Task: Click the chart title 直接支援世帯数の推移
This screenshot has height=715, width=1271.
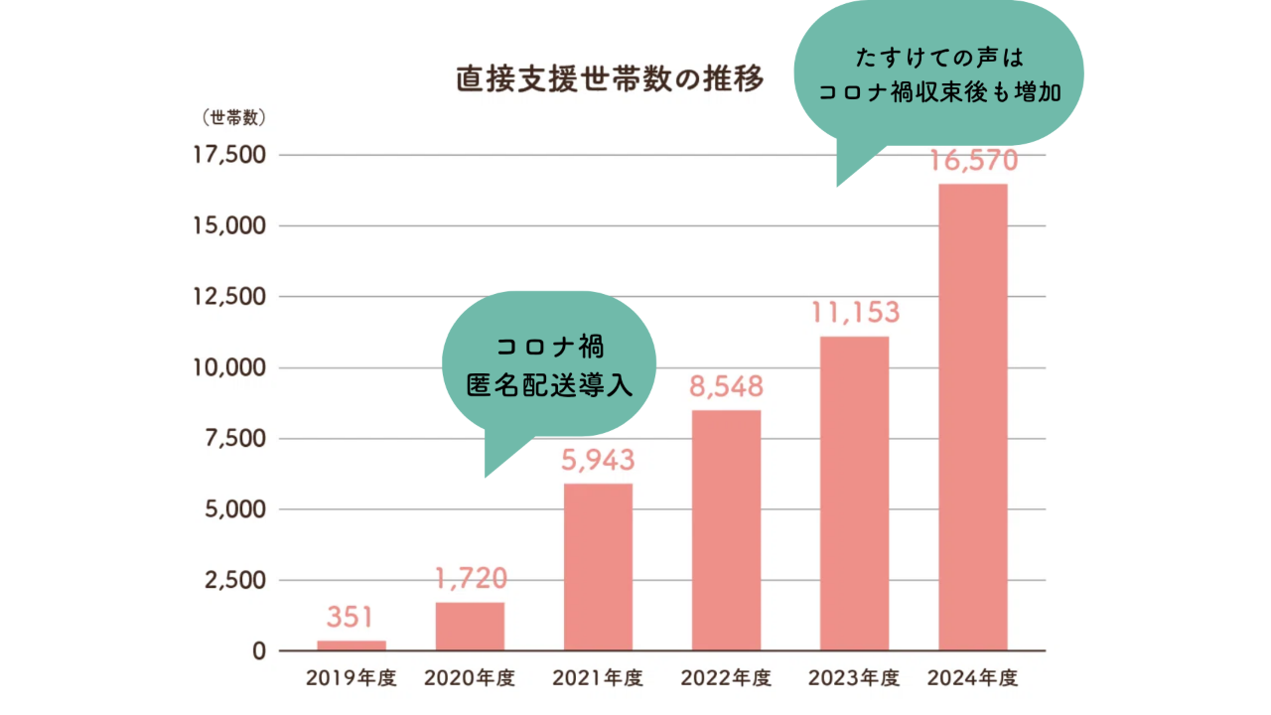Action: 610,78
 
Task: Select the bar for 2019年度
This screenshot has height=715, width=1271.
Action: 352,645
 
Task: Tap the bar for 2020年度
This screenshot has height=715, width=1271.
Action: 470,626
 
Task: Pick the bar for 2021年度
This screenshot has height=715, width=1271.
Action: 598,566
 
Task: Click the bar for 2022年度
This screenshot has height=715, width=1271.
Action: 727,530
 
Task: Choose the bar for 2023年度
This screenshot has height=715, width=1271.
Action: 855,494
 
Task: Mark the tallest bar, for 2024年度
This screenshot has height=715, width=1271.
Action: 973,417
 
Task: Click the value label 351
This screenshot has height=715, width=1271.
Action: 352,618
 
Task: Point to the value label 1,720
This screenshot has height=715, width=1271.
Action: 471,578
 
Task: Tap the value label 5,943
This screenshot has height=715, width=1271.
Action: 598,460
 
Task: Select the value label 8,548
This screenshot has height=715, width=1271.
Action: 727,386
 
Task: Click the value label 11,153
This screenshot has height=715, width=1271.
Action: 855,313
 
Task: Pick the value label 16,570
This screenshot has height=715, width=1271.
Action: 973,161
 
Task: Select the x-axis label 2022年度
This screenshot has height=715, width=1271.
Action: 727,679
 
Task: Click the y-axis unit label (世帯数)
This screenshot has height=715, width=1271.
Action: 233,117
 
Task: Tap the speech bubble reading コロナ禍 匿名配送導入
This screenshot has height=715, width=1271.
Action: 549,364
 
